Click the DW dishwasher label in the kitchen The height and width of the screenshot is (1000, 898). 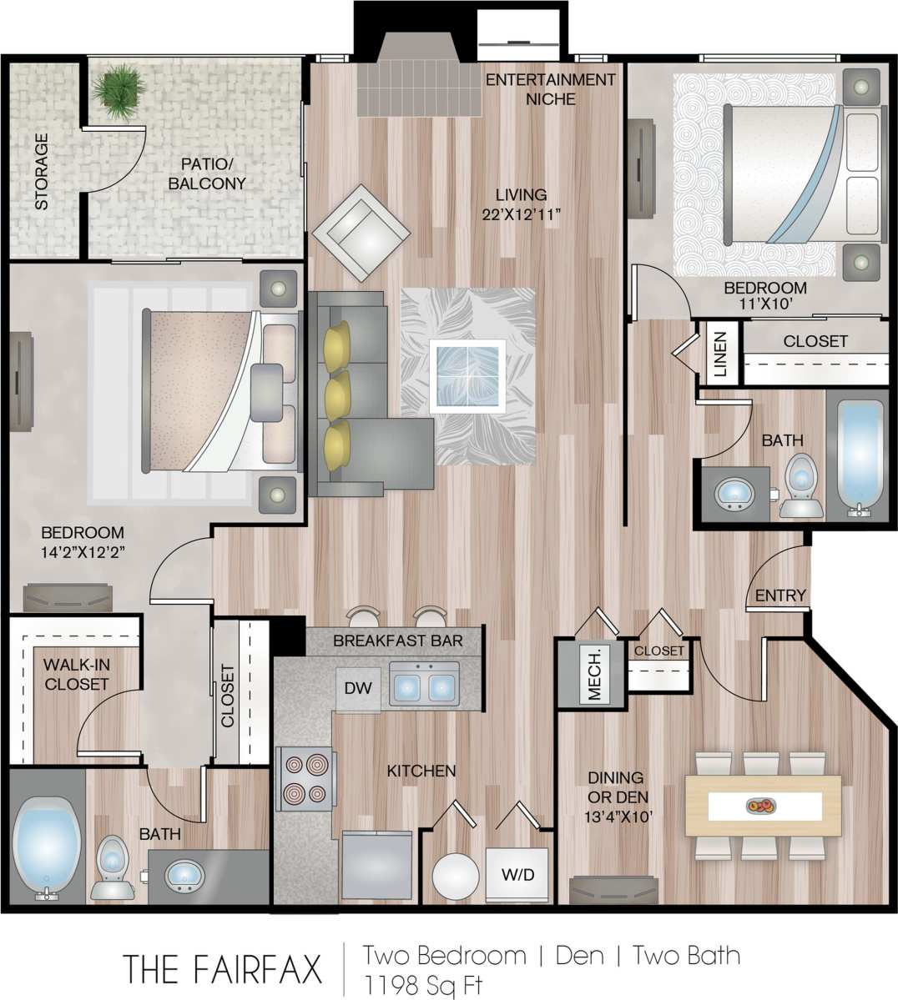(358, 689)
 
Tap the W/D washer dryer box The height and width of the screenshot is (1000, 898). (517, 875)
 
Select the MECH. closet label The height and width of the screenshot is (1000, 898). (595, 674)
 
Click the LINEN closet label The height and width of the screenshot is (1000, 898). (719, 353)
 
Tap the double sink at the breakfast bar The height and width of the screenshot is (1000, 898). (424, 686)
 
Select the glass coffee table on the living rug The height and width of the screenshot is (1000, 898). (467, 375)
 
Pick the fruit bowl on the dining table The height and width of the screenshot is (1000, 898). (759, 807)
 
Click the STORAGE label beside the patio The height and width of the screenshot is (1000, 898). (41, 171)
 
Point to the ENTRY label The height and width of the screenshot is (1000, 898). (780, 595)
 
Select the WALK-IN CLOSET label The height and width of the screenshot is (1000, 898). (77, 675)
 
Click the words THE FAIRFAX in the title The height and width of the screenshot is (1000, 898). (223, 969)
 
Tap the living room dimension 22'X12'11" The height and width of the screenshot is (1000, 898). (521, 214)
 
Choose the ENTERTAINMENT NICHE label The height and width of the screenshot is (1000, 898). (550, 89)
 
